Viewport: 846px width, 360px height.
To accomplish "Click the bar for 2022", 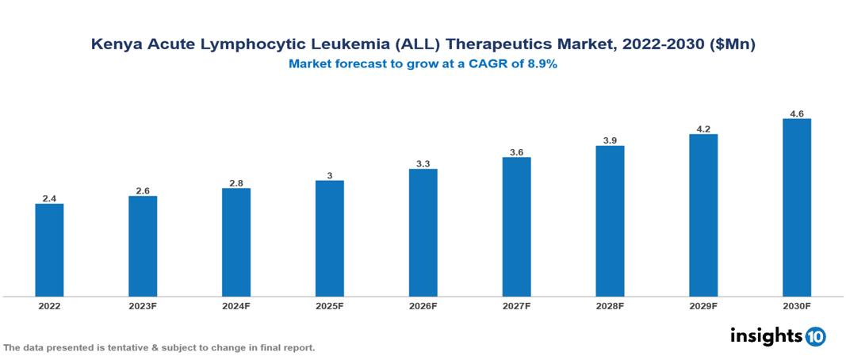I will tap(49, 250).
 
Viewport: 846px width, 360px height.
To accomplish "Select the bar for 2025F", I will tap(329, 238).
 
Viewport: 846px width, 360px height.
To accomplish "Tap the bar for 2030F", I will tap(796, 208).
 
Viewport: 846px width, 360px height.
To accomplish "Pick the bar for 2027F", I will tap(516, 227).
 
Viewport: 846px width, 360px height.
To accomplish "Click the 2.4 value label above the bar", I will tap(49, 198).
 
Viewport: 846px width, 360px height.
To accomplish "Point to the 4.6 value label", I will tap(797, 114).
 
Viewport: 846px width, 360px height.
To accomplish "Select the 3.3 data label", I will tap(423, 163).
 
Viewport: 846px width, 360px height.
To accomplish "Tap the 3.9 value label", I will tap(610, 140).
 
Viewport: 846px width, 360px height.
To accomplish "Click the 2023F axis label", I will tap(143, 305).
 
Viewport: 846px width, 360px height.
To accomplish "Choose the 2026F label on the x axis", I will tap(423, 305).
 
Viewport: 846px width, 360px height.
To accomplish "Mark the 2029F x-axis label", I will tap(703, 305).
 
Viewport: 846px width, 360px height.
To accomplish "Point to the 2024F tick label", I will tap(236, 305).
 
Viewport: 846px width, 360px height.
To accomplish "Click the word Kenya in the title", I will tap(115, 46).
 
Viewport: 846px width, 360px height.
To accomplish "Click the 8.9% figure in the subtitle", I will tap(542, 64).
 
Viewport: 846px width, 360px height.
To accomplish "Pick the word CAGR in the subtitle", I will tap(485, 64).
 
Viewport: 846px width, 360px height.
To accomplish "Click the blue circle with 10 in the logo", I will tap(815, 336).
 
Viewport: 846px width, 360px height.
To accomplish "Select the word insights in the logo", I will tap(766, 335).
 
